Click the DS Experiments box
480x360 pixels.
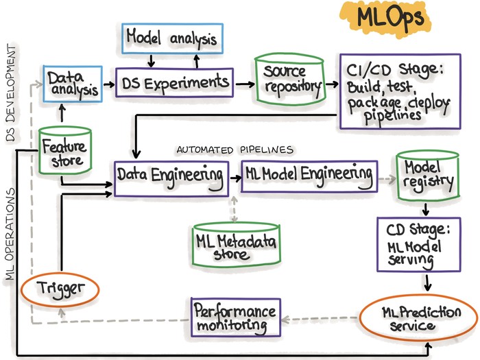pyautogui.click(x=175, y=84)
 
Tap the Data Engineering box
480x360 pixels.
pyautogui.click(x=170, y=176)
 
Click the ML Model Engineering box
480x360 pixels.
pyautogui.click(x=309, y=176)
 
